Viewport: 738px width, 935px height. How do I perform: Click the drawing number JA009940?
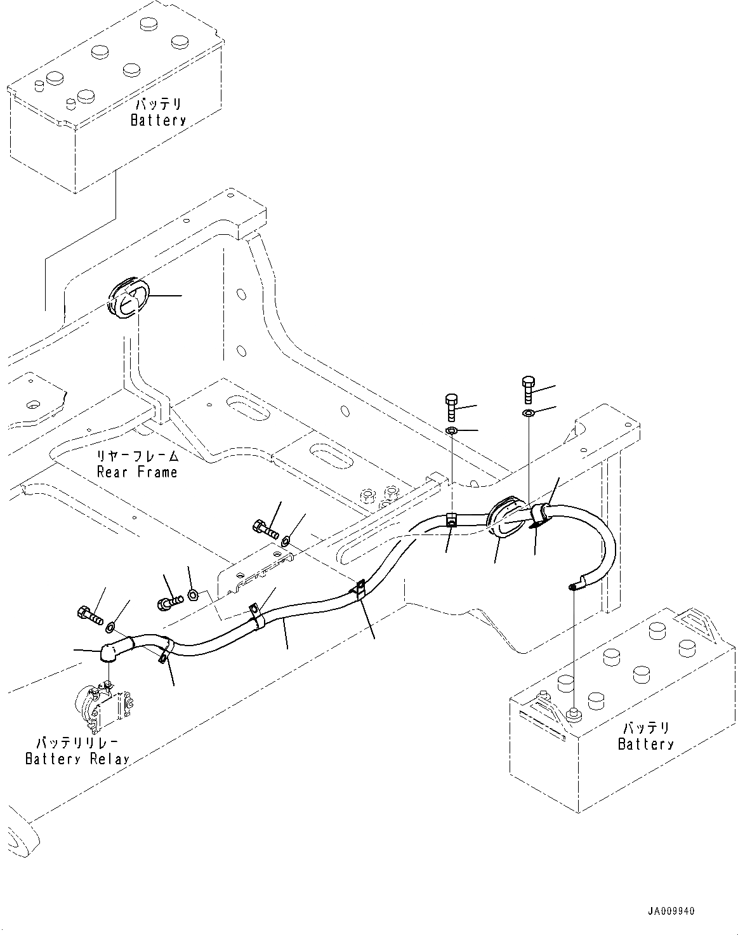[x=671, y=911]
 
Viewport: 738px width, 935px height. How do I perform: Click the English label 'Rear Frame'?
[x=137, y=472]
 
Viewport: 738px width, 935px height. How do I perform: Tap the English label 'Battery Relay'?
[x=77, y=759]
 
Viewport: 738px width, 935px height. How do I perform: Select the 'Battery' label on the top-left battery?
[x=158, y=120]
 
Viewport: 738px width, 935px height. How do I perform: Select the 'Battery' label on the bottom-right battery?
[x=645, y=744]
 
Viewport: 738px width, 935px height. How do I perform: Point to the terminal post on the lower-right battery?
[x=573, y=715]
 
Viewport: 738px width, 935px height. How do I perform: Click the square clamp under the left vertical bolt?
[x=451, y=519]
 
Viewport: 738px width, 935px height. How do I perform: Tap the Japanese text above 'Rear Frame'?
[x=137, y=456]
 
